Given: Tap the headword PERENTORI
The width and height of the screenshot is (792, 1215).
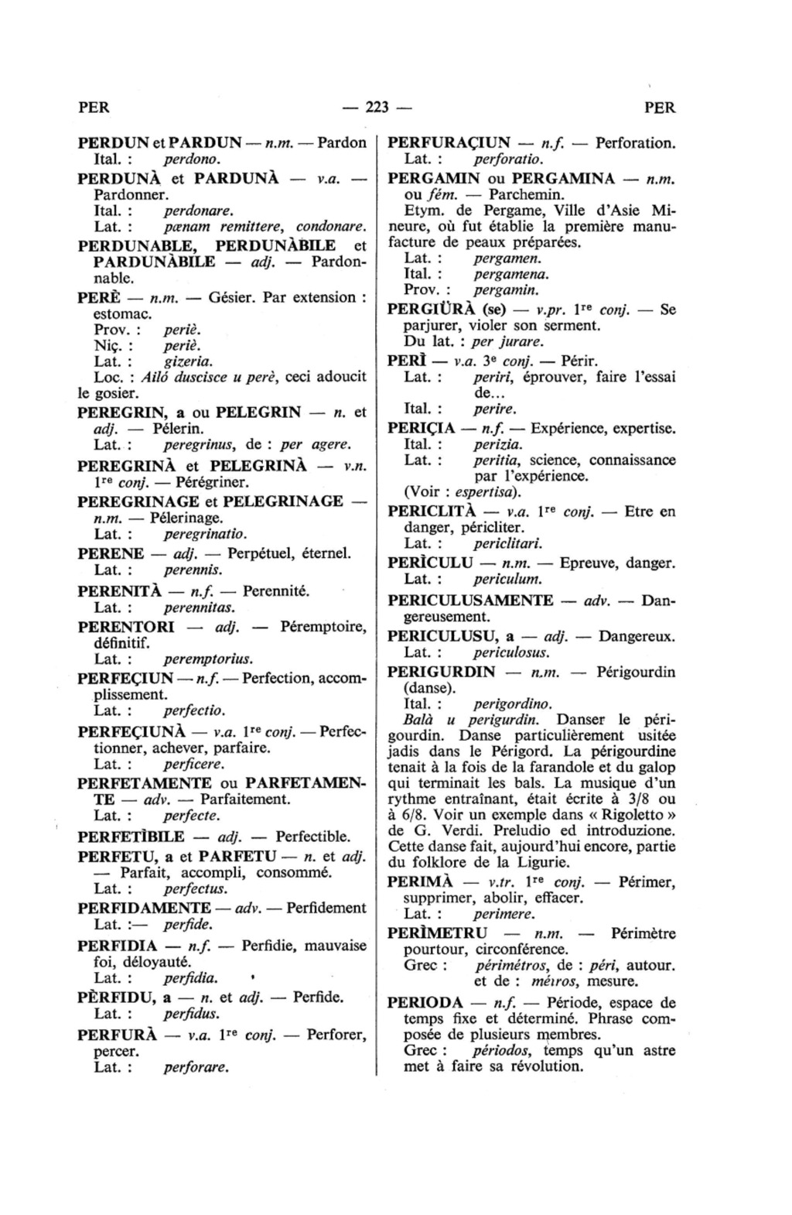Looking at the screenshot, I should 126,626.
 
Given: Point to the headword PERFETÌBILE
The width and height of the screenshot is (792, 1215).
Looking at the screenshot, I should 131,837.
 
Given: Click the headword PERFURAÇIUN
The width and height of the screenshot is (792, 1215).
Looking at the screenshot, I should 449,143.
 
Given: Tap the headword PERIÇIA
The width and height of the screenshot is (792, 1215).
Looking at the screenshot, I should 421,428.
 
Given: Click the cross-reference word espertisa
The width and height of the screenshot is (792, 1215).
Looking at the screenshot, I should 487,492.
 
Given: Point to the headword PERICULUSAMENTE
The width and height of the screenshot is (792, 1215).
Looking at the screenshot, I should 470,601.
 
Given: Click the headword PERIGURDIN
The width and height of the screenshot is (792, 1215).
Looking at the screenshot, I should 441,671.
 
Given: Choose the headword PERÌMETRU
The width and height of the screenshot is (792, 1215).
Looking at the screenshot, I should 438,933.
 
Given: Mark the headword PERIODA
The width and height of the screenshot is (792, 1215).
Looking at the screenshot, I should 425,1003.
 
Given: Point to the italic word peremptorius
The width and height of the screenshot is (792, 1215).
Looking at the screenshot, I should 208,659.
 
